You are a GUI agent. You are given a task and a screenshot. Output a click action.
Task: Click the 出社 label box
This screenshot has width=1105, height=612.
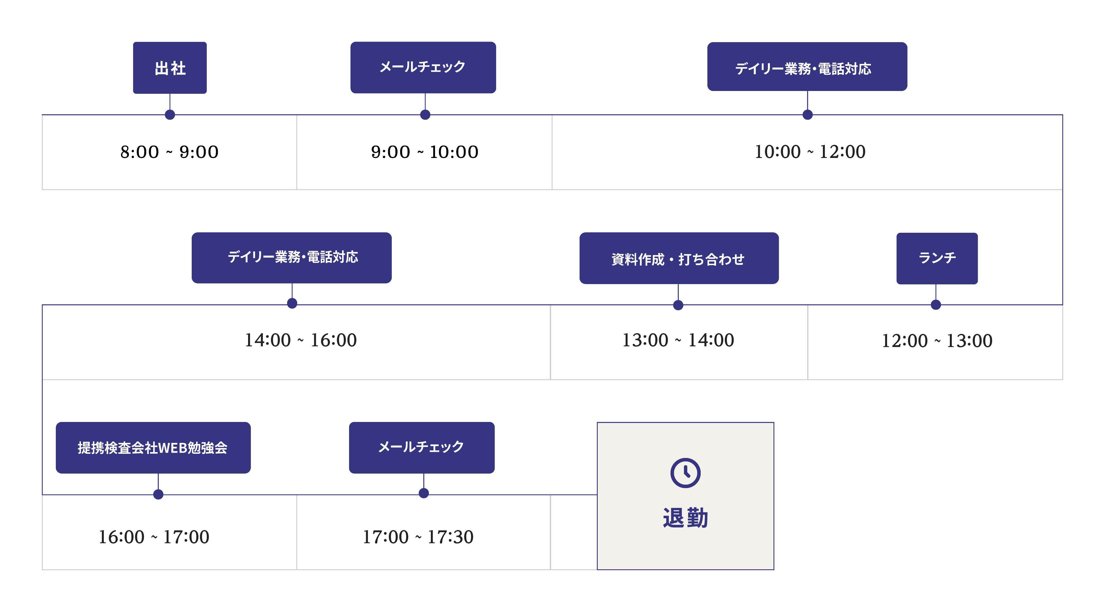click(x=170, y=68)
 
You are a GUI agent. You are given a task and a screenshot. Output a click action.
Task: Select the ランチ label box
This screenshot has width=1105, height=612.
click(x=937, y=258)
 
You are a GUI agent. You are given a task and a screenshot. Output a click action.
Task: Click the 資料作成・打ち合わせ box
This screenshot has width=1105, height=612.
click(x=679, y=258)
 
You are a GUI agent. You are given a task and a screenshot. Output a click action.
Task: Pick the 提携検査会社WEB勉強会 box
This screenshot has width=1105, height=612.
click(x=153, y=448)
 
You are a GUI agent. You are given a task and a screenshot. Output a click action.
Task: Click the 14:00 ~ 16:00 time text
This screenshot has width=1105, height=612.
click(x=300, y=340)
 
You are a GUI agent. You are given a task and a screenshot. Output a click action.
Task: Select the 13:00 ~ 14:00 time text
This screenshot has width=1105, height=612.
click(x=678, y=340)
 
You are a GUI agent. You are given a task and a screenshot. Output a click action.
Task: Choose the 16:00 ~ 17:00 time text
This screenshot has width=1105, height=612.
click(x=153, y=537)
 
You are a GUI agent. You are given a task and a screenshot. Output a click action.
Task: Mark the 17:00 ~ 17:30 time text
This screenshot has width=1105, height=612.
click(x=418, y=537)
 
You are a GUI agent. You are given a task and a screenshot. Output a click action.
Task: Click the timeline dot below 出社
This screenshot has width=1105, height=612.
click(x=170, y=114)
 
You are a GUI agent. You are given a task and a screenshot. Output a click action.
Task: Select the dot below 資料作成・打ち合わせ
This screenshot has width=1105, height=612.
click(x=678, y=305)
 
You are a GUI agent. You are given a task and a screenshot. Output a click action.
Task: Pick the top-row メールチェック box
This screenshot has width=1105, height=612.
click(x=423, y=67)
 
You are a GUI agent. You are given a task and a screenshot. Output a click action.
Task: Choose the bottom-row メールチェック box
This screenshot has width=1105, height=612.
click(x=422, y=448)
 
